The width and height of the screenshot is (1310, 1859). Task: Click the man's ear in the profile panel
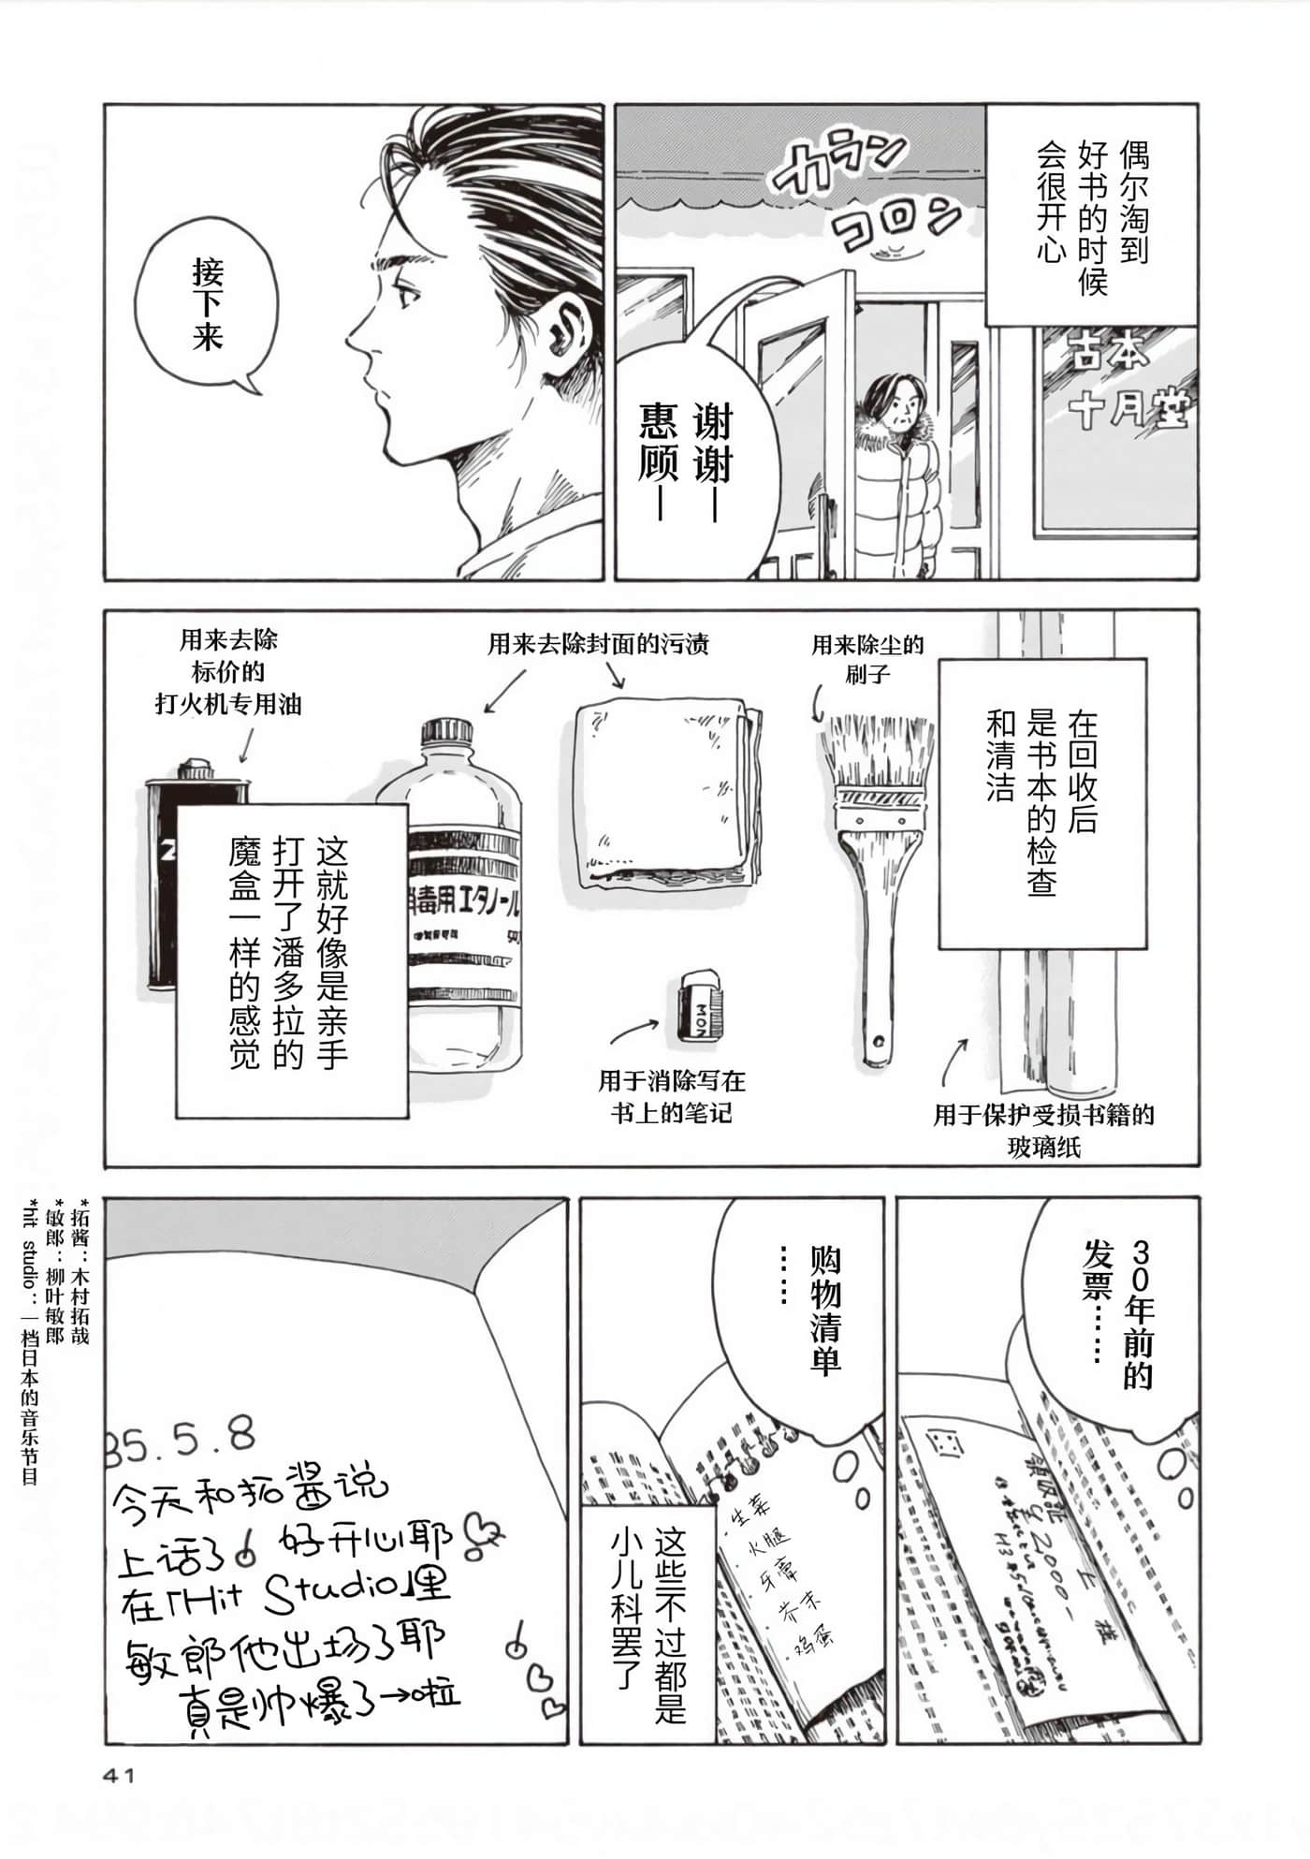pyautogui.click(x=565, y=323)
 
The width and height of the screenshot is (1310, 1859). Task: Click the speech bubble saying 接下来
pyautogui.click(x=207, y=305)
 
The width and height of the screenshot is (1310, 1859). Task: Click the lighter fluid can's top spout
pyautogui.click(x=194, y=769)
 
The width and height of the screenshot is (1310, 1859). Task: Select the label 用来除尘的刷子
pyautogui.click(x=866, y=659)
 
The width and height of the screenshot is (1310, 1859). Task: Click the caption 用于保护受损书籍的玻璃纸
pyautogui.click(x=1043, y=1130)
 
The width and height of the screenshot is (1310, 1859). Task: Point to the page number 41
pyautogui.click(x=119, y=1775)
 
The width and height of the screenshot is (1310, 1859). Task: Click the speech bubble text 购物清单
pyautogui.click(x=824, y=1310)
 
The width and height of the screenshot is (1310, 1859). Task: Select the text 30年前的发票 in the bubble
pyautogui.click(x=1118, y=1310)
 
